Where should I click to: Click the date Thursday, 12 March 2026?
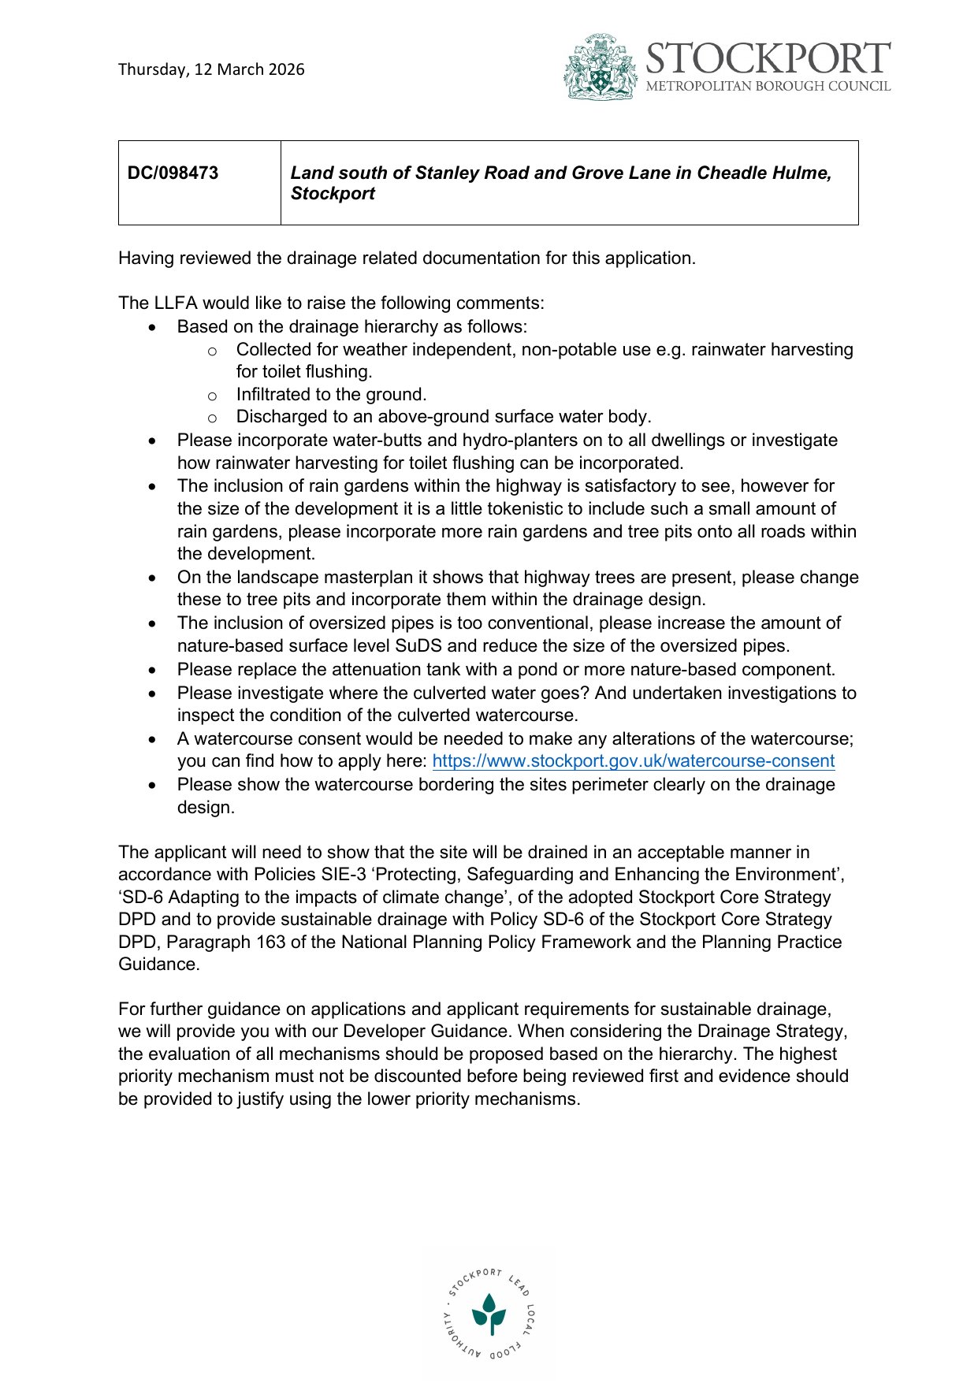(x=211, y=69)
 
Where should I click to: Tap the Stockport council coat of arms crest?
(x=601, y=68)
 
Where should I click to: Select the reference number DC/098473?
(x=173, y=173)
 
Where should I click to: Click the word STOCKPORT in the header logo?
(x=768, y=59)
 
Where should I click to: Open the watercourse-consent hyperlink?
(x=633, y=761)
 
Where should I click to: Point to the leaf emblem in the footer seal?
(x=489, y=1313)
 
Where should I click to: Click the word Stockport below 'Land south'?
(x=333, y=194)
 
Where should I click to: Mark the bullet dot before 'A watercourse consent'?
(x=153, y=740)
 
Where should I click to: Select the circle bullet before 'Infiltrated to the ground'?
(x=211, y=396)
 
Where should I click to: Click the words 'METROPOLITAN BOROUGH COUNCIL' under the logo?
(x=768, y=87)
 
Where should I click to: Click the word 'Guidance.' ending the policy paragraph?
(x=158, y=965)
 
